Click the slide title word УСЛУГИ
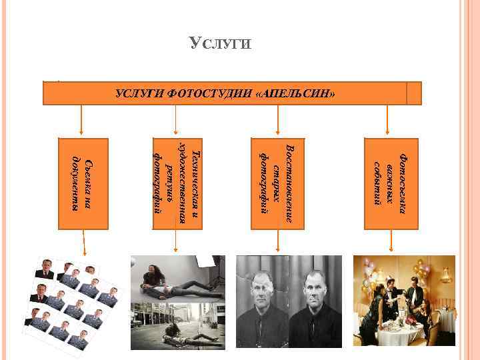tap(220, 44)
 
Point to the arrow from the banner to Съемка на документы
tap(81, 120)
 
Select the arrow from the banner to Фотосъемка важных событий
tap(388, 120)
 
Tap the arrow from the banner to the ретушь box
tap(175, 120)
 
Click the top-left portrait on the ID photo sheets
tap(46, 268)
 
